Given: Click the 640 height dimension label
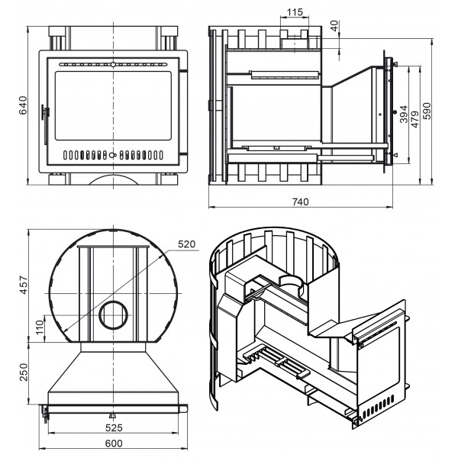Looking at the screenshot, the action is pyautogui.click(x=22, y=105).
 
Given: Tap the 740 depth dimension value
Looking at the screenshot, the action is pyautogui.click(x=300, y=202).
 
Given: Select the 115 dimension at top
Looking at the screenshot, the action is pyautogui.click(x=295, y=12).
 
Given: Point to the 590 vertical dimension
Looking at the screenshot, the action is pyautogui.click(x=427, y=111).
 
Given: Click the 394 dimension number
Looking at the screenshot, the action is pyautogui.click(x=403, y=114).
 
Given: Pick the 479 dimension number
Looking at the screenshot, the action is pyautogui.click(x=414, y=119).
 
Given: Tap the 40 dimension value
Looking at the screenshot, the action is pyautogui.click(x=334, y=25).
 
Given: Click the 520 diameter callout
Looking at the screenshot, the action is pyautogui.click(x=187, y=244).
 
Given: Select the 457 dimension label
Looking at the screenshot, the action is pyautogui.click(x=24, y=285).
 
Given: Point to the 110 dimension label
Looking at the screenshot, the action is pyautogui.click(x=40, y=327).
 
